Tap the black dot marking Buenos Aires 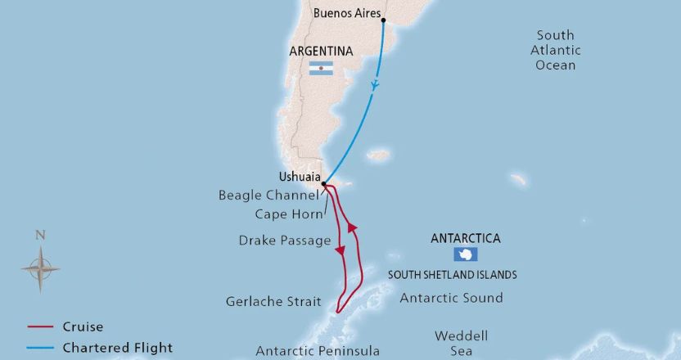(383, 20)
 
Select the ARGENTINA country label (321, 51)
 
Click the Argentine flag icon (321, 70)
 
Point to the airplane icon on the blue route (374, 84)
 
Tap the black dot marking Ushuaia (324, 184)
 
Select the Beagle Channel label (268, 196)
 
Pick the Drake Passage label (285, 241)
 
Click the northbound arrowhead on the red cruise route (353, 227)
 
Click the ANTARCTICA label (466, 239)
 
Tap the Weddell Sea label (461, 343)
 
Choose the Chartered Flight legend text (117, 348)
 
